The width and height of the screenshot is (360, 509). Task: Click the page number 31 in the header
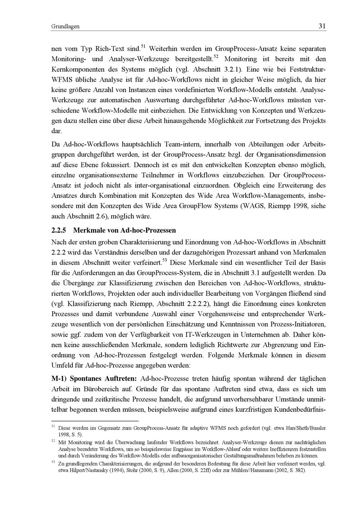pos(322,26)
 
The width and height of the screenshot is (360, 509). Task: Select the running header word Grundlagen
pos(66,27)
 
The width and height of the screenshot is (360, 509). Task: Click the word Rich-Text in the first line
pos(110,49)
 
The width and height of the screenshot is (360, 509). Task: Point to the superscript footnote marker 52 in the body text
pos(216,57)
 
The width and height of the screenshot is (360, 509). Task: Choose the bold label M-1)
pos(59,378)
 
